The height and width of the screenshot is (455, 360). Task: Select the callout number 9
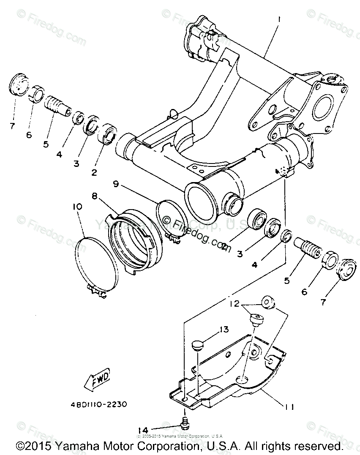click(115, 184)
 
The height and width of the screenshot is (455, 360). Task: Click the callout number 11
click(289, 406)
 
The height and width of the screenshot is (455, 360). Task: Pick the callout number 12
click(235, 303)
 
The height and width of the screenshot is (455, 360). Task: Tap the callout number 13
click(224, 329)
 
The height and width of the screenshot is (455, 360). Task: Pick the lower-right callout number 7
click(323, 302)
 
